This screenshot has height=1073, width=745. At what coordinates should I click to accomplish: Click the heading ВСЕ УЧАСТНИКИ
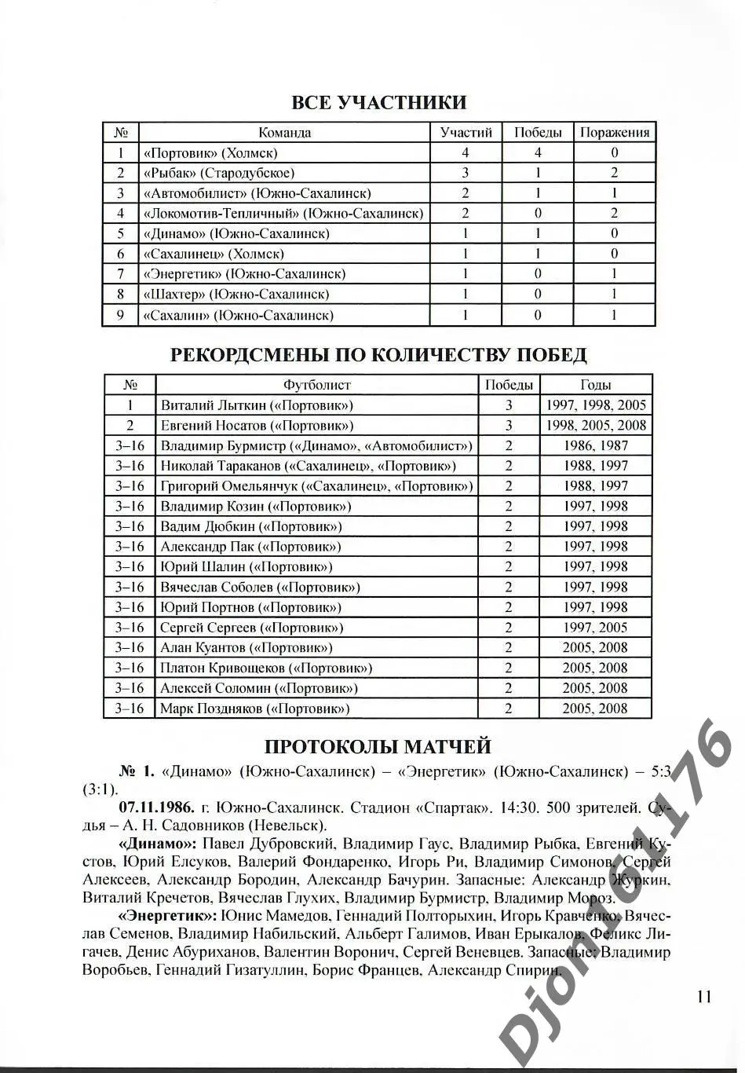pos(378,103)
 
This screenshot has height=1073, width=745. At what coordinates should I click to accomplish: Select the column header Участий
pos(466,133)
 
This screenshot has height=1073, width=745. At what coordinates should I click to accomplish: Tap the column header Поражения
pos(614,133)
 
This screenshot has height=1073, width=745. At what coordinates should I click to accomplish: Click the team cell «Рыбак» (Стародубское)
pos(218,173)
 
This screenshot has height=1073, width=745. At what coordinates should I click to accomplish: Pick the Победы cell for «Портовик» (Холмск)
pos(538,153)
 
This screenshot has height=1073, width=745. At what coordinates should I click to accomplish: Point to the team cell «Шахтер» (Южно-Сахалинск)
pos(236,295)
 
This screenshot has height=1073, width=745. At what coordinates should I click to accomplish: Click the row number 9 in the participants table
pos(120,315)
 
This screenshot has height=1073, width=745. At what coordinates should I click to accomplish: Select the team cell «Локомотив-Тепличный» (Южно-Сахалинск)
pos(283,214)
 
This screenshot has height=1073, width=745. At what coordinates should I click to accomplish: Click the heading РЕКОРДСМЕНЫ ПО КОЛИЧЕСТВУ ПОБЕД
pos(378,355)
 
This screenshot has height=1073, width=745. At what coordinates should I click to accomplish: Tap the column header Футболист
pos(316,385)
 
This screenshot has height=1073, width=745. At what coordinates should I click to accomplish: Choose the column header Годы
pos(595,385)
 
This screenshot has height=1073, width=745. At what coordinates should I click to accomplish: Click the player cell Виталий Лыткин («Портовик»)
pos(257,405)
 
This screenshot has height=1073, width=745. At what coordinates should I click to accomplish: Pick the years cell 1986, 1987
pos(595,445)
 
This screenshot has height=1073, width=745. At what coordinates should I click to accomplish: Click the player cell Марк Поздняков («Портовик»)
pos(254,709)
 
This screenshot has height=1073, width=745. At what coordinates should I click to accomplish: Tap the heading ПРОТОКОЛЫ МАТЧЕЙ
pos(378,746)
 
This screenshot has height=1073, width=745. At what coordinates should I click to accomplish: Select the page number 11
pos(703,996)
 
